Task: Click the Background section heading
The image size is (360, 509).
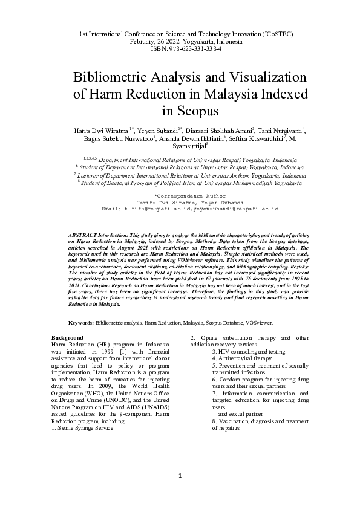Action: (67, 337)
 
